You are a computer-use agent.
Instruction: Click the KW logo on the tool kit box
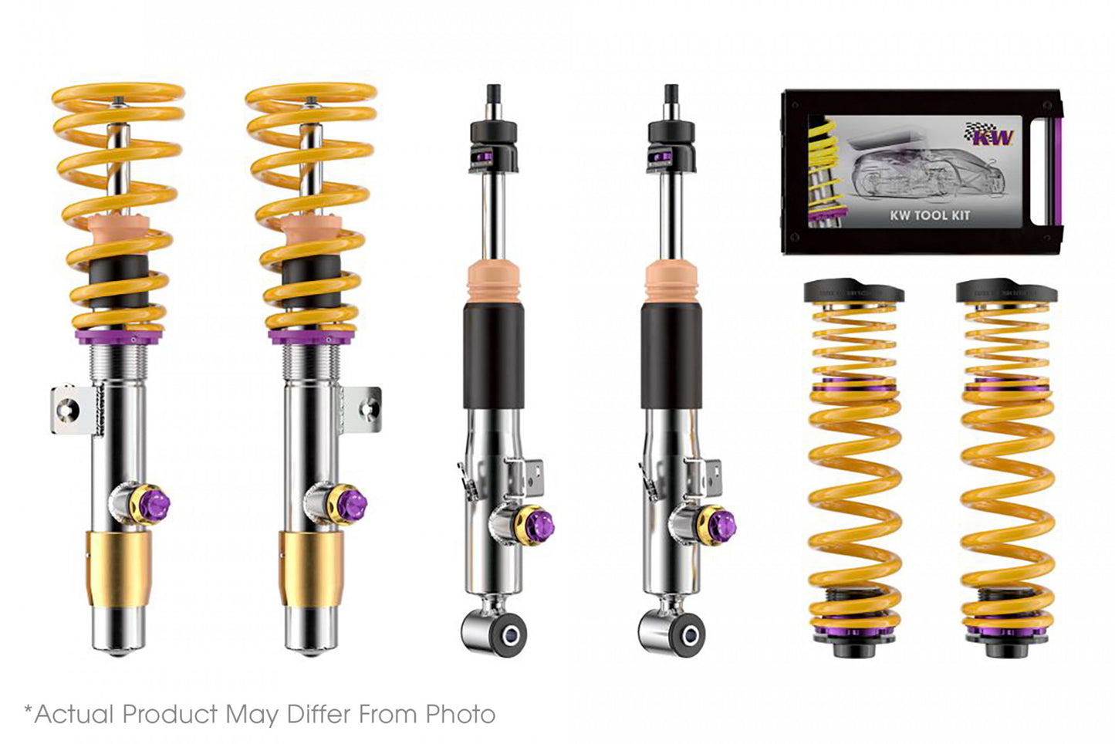click(x=992, y=135)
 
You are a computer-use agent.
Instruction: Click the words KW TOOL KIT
click(x=929, y=215)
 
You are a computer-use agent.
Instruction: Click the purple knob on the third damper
click(x=542, y=525)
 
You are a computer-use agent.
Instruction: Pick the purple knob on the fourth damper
click(x=723, y=525)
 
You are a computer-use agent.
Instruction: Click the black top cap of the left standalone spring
click(x=853, y=292)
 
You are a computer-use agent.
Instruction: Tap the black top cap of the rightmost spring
click(x=1005, y=292)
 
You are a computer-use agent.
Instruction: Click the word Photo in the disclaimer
click(x=461, y=714)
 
